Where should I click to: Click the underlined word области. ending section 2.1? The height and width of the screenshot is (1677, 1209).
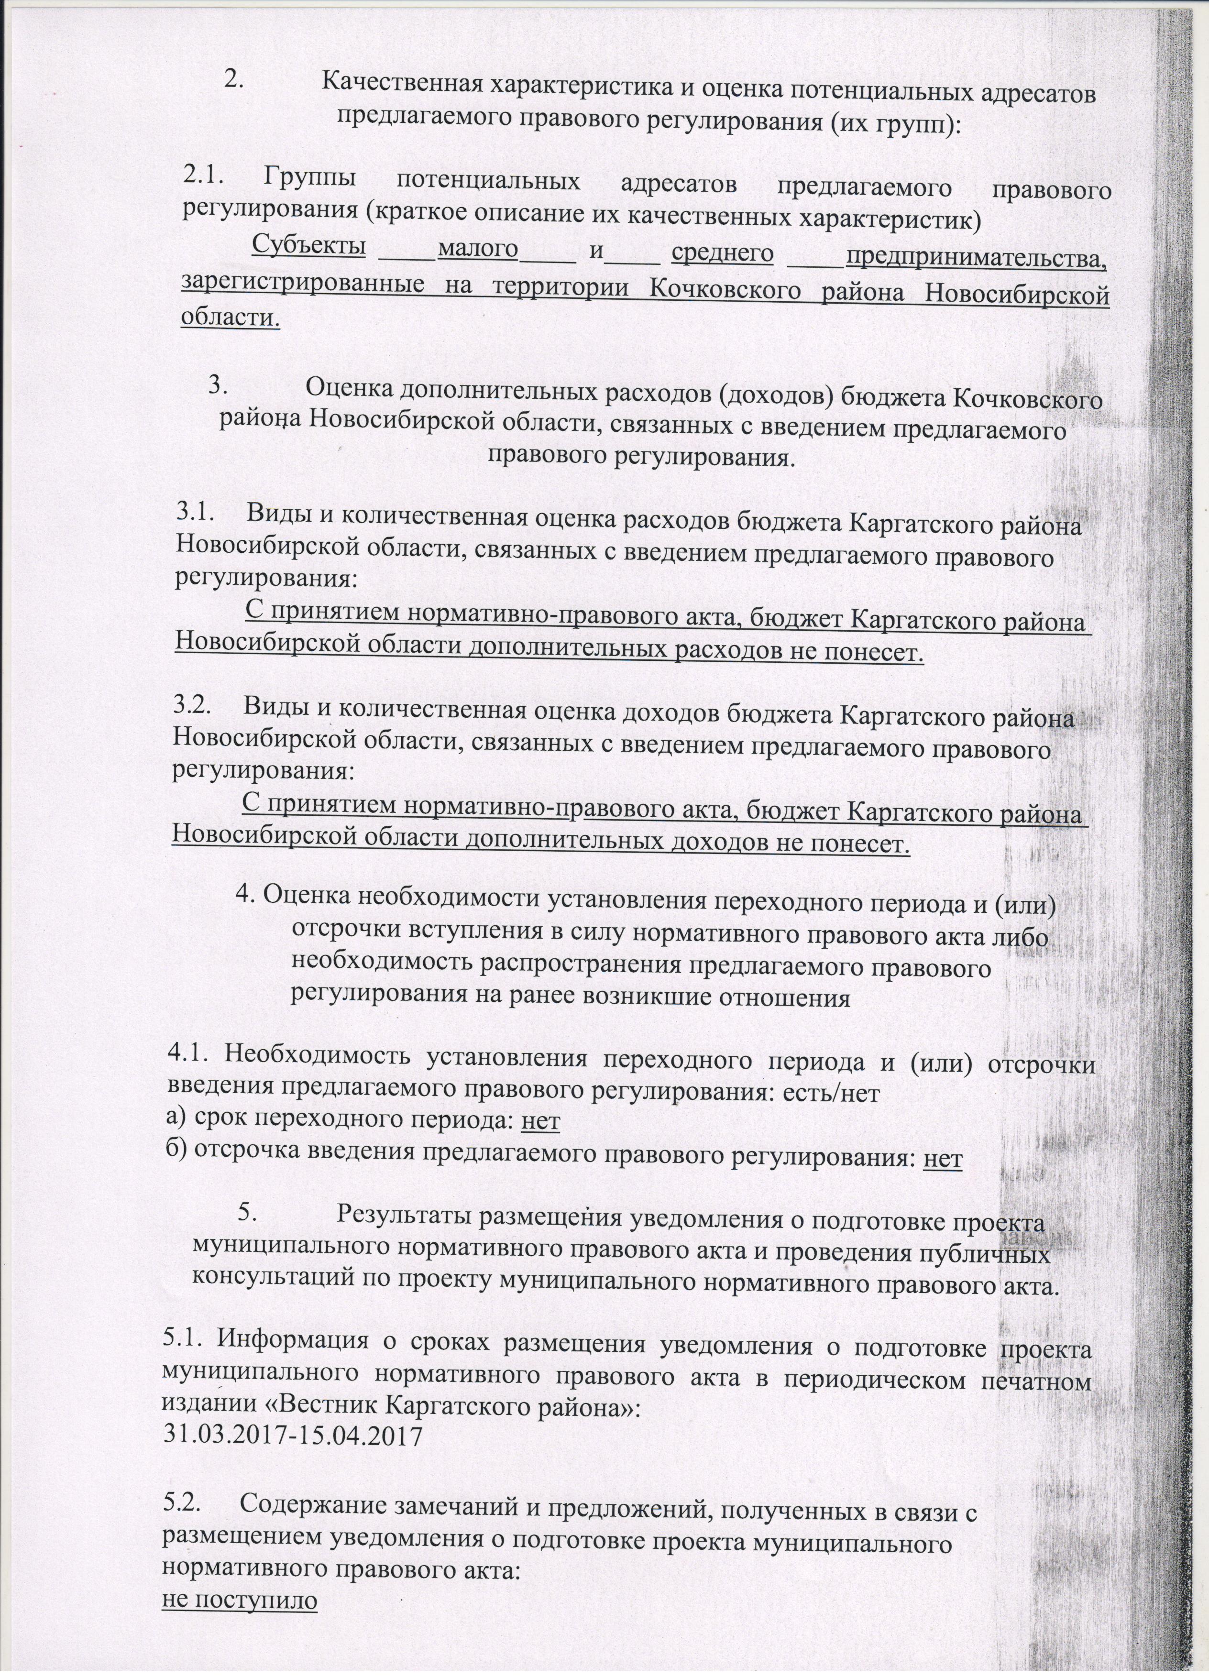(231, 318)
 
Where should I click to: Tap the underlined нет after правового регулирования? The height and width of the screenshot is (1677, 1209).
(943, 1159)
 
